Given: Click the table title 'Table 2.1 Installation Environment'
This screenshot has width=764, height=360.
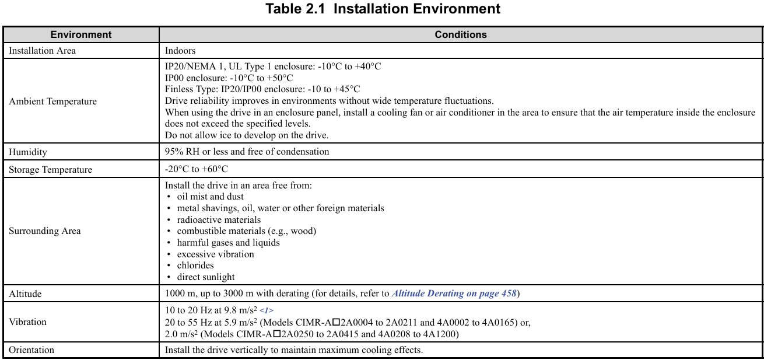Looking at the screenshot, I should tap(383, 9).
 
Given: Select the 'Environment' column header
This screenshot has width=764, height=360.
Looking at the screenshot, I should tap(81, 34).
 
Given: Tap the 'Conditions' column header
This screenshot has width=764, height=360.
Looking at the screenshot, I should tap(461, 34).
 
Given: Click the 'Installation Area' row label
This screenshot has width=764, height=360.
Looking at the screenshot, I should tap(42, 51).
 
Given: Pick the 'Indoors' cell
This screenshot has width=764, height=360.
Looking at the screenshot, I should tap(180, 51).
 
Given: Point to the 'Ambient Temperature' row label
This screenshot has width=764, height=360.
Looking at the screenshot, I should tap(52, 102).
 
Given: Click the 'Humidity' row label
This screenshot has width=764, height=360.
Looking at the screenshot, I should tap(28, 152).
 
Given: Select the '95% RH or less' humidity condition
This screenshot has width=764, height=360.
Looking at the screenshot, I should tap(247, 152).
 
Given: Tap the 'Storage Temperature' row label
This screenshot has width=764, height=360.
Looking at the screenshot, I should tap(50, 170).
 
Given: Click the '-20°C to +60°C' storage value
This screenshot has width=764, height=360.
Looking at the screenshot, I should tap(197, 169).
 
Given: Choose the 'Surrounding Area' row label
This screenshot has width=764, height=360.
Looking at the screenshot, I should tap(45, 231).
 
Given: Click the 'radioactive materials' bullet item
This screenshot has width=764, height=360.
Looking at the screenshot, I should tap(219, 220).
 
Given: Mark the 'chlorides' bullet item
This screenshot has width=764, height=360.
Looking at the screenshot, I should tap(195, 265).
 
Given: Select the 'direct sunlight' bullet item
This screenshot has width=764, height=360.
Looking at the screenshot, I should tap(206, 277).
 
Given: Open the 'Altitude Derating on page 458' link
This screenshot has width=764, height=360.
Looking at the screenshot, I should tap(454, 293).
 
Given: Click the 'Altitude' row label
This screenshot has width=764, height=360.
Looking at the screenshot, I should tap(25, 294).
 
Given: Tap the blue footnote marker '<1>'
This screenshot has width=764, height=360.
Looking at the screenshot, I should tap(267, 311).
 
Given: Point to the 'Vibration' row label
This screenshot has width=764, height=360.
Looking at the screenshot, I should tap(27, 322).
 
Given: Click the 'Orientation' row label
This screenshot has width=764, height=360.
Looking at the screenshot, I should tap(31, 350).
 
